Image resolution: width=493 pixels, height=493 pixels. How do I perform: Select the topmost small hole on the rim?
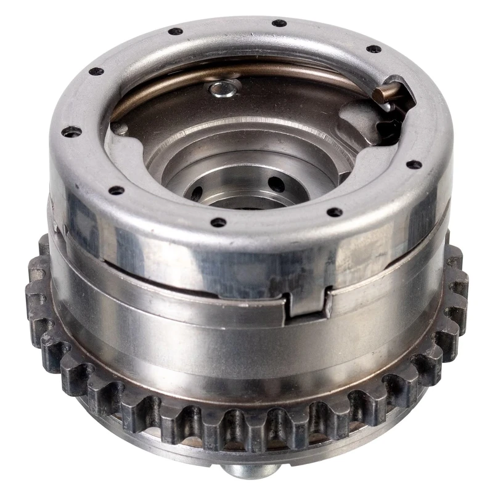point(280,23)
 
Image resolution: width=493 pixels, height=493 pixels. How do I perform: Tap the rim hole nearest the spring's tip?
point(373,49)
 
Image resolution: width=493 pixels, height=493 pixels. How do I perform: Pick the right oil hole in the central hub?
point(276,184)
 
